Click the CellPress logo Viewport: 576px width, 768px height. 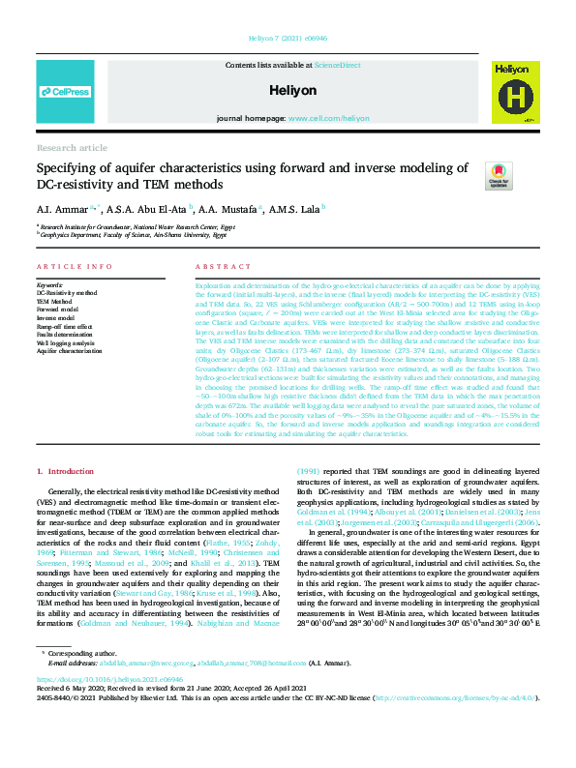tap(64, 91)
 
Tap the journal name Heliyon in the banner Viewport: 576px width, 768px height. tap(288, 89)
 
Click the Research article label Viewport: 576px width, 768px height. tap(72, 148)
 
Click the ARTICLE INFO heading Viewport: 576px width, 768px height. tap(71, 266)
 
